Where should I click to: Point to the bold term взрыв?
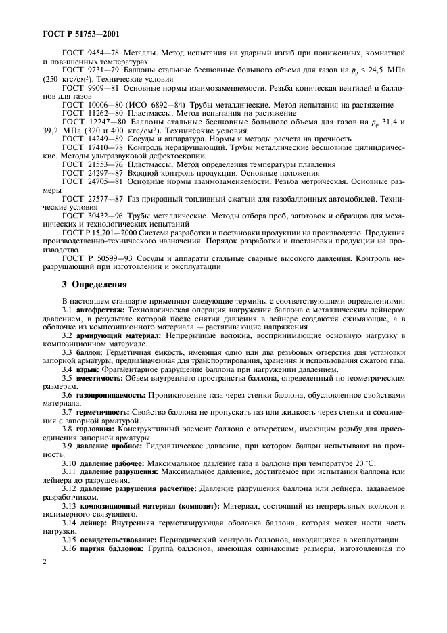tap(89, 369)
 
